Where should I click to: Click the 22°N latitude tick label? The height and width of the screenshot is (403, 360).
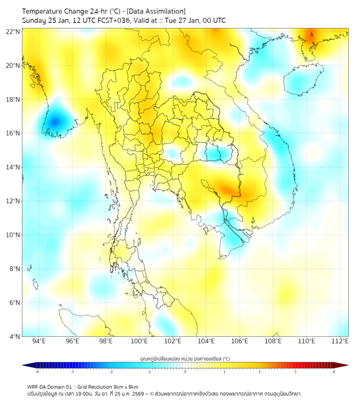pyautogui.click(x=13, y=32)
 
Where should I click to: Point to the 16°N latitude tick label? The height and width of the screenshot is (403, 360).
pyautogui.click(x=13, y=133)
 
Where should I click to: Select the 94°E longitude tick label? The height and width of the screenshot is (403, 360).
pyautogui.click(x=39, y=341)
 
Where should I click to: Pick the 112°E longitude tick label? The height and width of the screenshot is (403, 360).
pyautogui.click(x=340, y=341)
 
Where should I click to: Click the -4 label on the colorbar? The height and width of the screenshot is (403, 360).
pyautogui.click(x=36, y=372)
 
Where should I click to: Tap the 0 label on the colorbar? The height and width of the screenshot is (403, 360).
pyautogui.click(x=185, y=372)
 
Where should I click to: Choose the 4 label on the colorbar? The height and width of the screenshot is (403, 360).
pyautogui.click(x=334, y=372)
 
